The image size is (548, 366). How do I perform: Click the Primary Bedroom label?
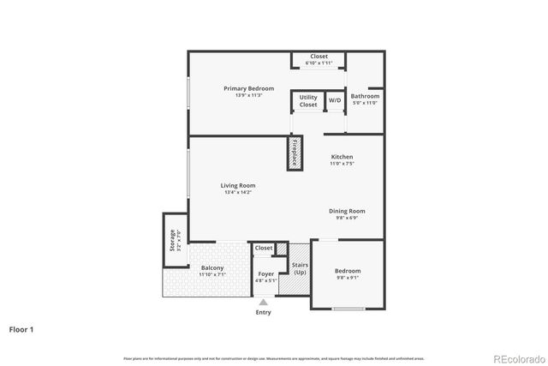249,88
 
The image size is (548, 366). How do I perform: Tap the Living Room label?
237,185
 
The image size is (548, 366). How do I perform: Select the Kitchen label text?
342,157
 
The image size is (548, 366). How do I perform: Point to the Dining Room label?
347,211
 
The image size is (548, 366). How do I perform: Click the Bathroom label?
365,96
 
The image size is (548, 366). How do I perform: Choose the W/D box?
334,101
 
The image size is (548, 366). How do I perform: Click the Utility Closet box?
308,101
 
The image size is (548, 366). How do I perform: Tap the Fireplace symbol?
295,152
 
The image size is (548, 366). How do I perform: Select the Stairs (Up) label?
300,268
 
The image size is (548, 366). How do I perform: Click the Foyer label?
265,274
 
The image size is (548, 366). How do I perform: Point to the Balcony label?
212,268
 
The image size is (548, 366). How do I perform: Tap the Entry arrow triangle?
263,302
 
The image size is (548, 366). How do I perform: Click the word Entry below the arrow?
263,312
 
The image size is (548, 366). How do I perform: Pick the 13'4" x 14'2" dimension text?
237,192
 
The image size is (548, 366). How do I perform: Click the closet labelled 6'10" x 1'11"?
319,60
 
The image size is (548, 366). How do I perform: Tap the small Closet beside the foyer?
264,248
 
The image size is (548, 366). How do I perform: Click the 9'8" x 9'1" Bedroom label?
348,274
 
